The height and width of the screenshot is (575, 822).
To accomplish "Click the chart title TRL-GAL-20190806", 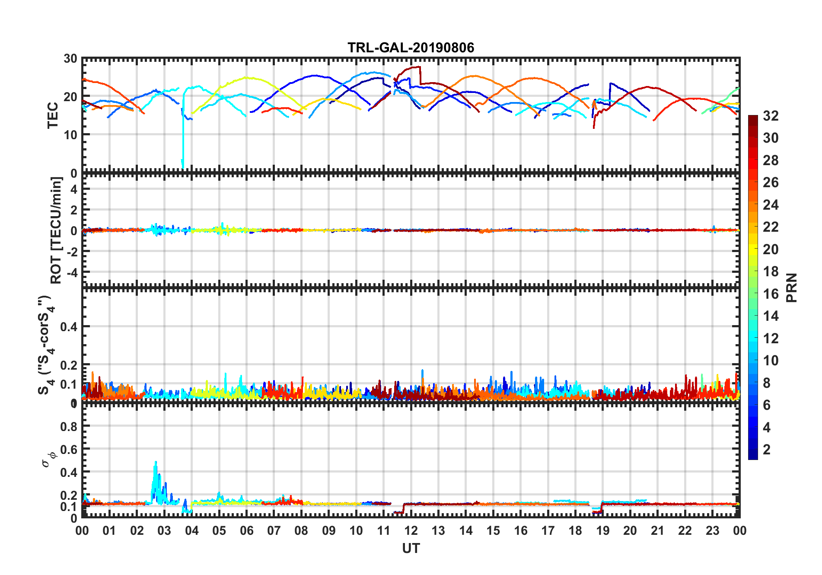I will tap(411, 47).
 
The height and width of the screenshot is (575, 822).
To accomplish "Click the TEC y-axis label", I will tap(53, 115).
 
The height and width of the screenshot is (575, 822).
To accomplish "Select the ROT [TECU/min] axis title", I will tap(56, 230).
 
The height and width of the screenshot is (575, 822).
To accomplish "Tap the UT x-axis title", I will tap(411, 548).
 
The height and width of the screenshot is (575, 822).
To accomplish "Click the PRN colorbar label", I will tap(791, 287).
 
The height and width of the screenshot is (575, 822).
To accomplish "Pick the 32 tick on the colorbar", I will tap(771, 116).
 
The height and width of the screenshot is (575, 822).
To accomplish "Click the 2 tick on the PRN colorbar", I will tap(767, 449).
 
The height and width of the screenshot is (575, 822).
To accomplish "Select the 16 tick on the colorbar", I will tap(771, 294).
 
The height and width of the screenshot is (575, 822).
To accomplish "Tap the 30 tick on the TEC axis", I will tap(70, 59).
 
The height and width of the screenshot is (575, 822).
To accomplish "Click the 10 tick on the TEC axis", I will tap(70, 134).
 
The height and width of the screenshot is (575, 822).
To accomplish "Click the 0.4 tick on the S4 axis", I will tap(69, 327).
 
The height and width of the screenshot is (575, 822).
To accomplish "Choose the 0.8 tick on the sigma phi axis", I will tap(69, 427).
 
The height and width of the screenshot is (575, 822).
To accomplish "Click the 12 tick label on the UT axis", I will tap(411, 530).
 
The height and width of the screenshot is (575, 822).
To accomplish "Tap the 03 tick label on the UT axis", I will tap(164, 530).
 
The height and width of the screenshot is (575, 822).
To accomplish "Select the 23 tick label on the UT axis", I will tap(712, 530).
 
